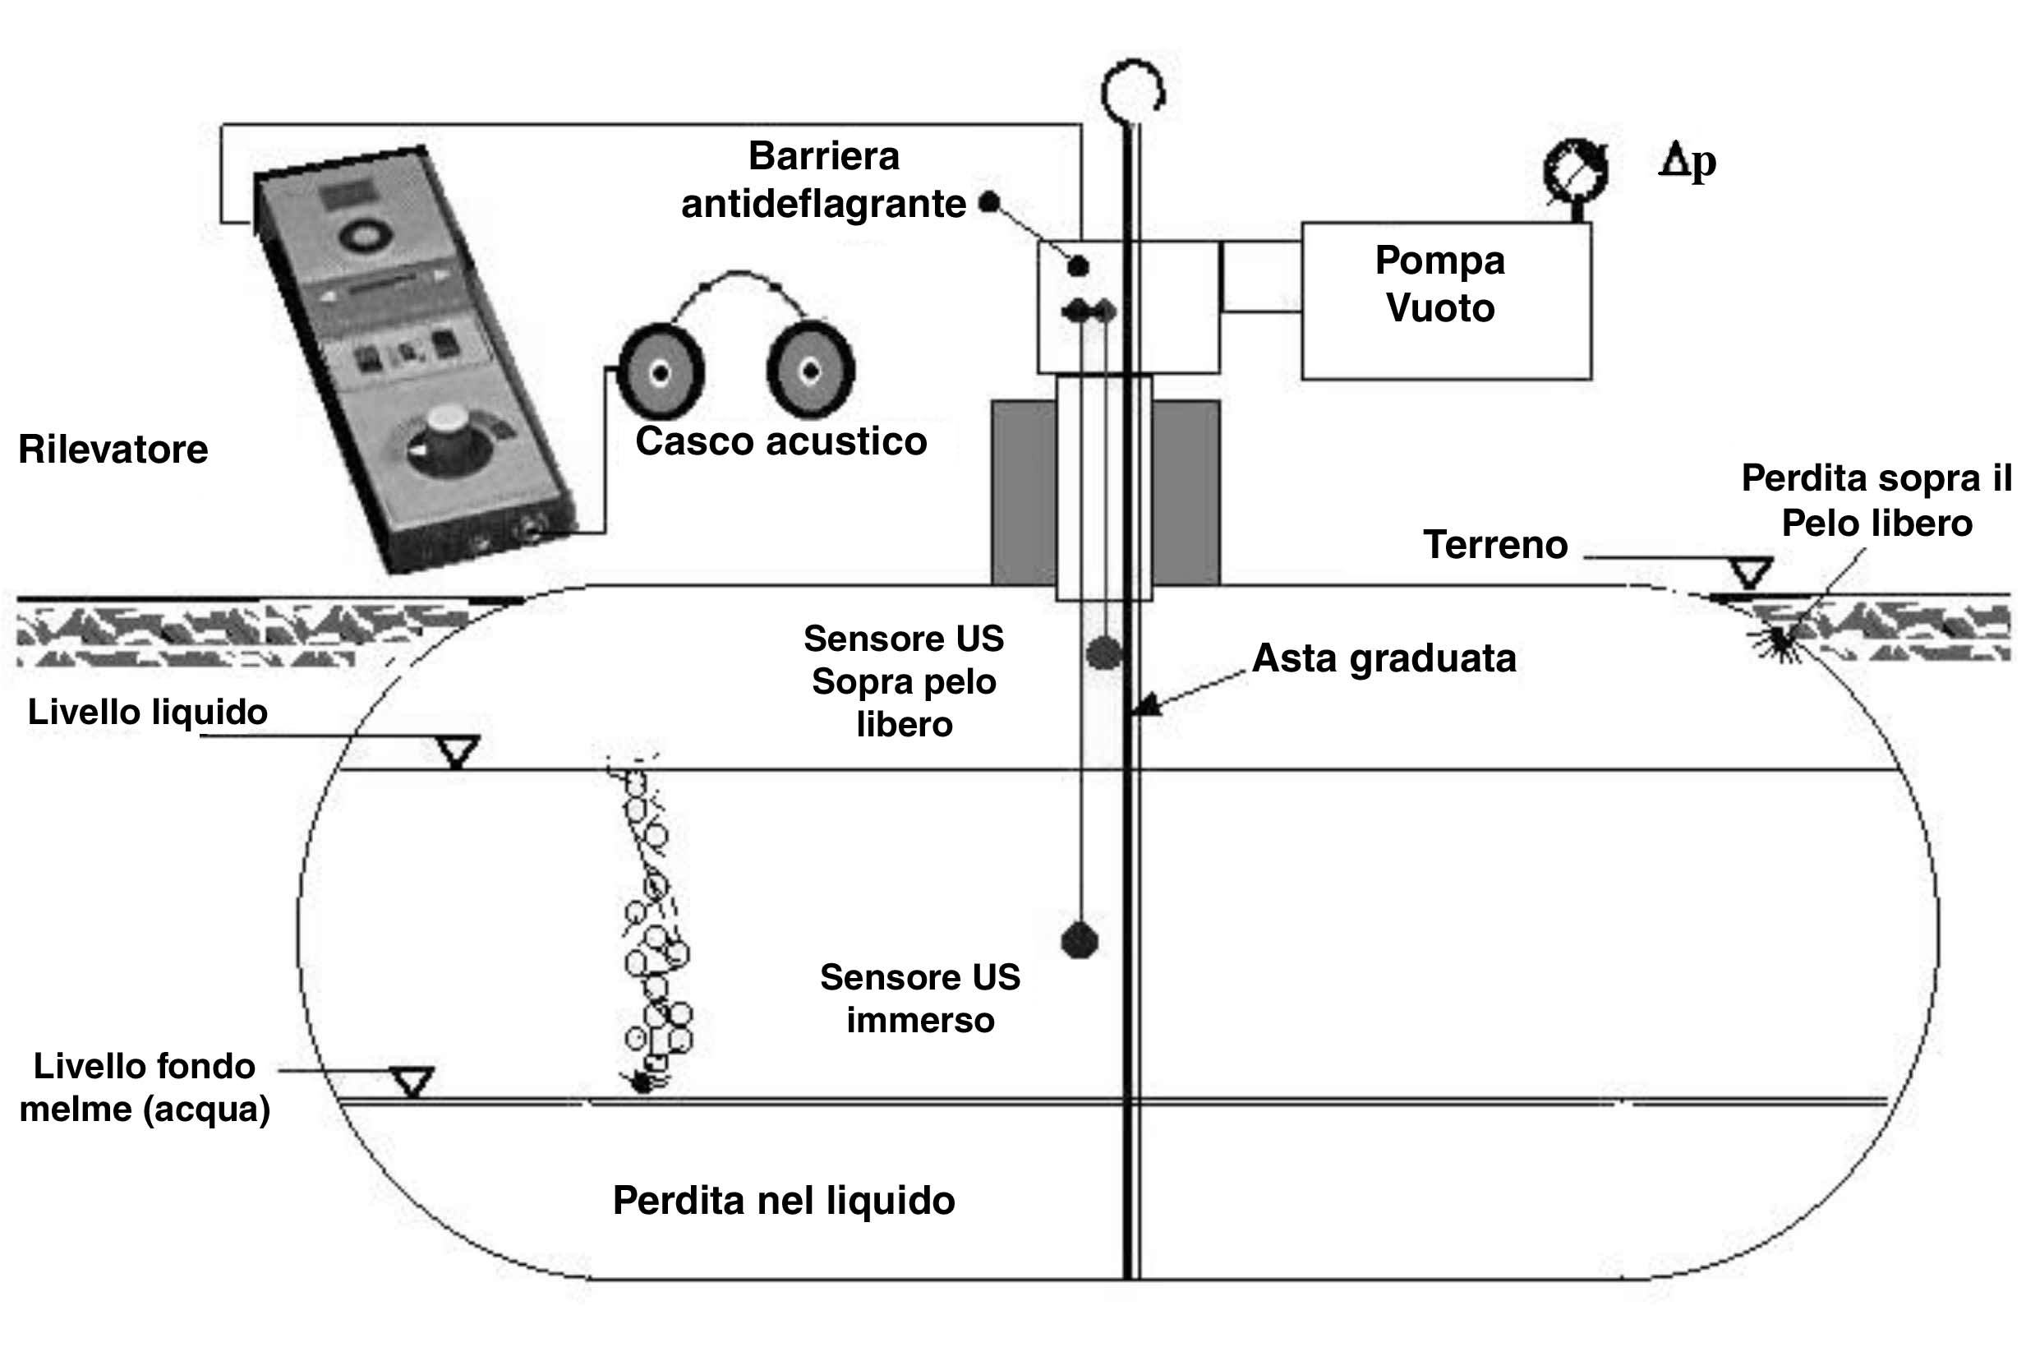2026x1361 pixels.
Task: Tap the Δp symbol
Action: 1687,161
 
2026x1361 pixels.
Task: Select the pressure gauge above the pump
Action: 1575,170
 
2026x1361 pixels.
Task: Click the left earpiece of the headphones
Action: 661,372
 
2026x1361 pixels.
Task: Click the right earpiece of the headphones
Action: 810,371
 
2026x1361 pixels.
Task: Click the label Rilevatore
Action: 113,450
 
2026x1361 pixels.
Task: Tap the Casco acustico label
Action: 780,441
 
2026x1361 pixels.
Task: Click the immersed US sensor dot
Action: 1080,941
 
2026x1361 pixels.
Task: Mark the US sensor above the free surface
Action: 1103,652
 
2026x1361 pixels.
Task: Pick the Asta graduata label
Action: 1384,658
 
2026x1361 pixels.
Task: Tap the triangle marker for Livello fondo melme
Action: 412,1082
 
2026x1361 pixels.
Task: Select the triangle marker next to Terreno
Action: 1750,573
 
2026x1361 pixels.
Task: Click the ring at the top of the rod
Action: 1132,91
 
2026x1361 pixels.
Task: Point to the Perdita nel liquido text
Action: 784,1201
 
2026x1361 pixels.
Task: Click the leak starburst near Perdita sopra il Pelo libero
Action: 1779,643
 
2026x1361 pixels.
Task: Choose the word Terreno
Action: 1495,545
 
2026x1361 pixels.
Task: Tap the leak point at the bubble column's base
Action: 643,1082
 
